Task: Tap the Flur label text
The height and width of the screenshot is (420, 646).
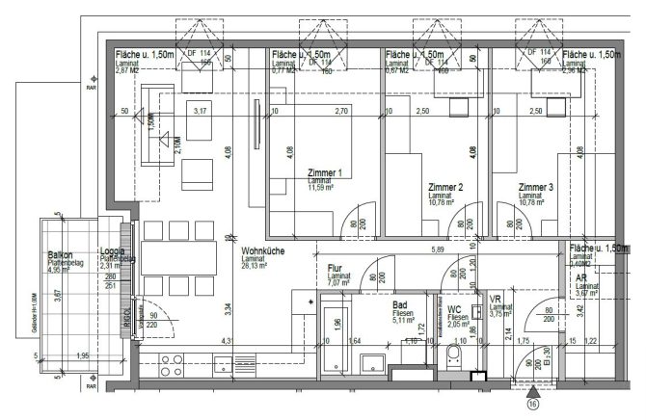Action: [x=335, y=269]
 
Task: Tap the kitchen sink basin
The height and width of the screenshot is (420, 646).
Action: [x=221, y=365]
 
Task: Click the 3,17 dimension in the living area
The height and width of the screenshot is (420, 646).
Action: [x=201, y=112]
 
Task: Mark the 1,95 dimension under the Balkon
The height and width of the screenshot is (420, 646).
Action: [x=83, y=357]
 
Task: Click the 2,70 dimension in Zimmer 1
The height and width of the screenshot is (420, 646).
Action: [x=340, y=112]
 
